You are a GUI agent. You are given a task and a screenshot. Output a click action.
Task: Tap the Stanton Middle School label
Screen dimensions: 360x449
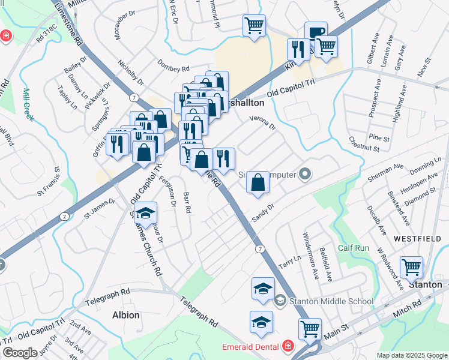click(331, 301)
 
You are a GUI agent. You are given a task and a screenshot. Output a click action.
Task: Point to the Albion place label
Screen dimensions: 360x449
click(126, 315)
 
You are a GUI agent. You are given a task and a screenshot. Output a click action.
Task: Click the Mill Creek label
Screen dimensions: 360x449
click(28, 105)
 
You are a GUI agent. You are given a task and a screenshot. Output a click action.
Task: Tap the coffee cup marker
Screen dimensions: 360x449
click(316, 32)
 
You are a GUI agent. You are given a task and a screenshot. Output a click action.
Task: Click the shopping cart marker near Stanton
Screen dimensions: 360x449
click(411, 267)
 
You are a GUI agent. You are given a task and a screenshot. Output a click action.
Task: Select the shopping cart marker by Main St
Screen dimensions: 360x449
click(309, 328)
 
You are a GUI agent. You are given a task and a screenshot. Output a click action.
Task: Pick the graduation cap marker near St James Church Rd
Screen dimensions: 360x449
click(145, 212)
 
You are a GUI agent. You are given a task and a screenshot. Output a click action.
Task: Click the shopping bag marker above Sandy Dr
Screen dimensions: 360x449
click(257, 182)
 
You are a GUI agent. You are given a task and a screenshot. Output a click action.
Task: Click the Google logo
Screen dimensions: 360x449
click(20, 353)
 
